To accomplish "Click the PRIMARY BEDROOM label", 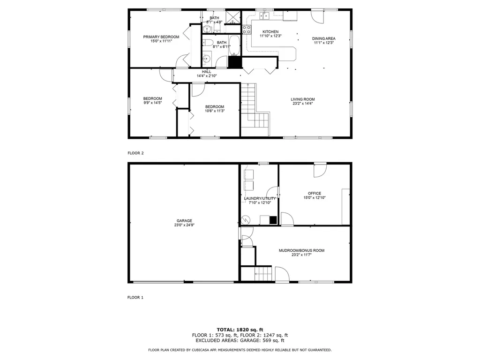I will coord(161,37).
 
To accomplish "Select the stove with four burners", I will coord(246,30).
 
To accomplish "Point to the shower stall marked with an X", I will coord(233,17).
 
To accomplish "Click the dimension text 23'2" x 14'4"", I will coord(302,104).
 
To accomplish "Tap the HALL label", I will coord(206,71).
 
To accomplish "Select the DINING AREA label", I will coord(324,38).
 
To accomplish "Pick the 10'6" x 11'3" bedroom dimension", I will coord(214,111).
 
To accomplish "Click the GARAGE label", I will coord(184,221).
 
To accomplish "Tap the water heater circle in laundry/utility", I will coord(245,219).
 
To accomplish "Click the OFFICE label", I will coord(315,193).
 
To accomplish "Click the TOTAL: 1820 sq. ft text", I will coord(240,329).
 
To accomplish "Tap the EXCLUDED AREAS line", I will coord(240,341).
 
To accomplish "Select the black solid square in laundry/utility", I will coord(273,219).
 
